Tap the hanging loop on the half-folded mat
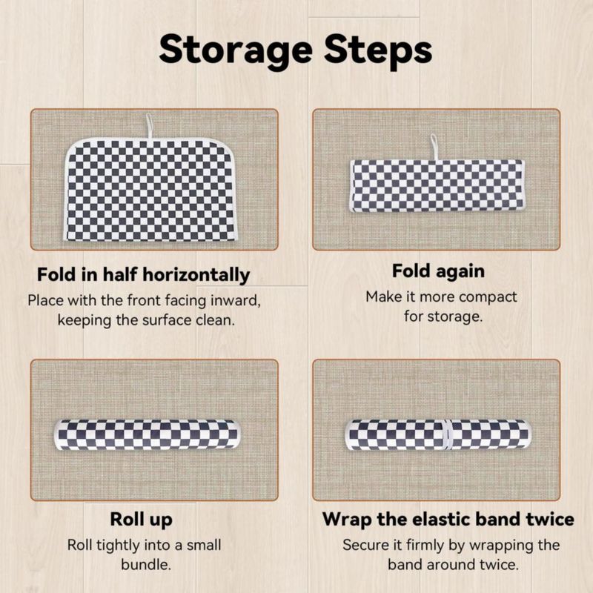[x=150, y=126]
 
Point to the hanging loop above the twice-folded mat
[x=434, y=148]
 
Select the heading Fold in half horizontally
[x=143, y=275]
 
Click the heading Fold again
[x=438, y=271]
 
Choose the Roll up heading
[x=141, y=520]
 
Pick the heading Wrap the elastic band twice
[x=448, y=519]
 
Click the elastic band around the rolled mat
[x=448, y=435]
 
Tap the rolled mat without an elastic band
[x=148, y=435]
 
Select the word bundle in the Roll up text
[x=146, y=565]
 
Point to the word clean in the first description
[x=215, y=320]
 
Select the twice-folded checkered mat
[x=437, y=185]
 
